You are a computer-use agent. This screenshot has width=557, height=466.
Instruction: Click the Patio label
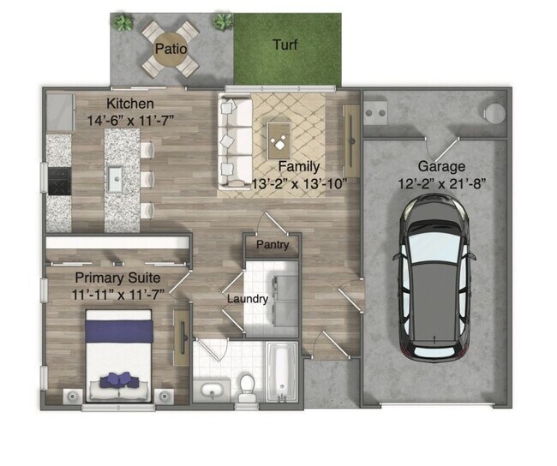point(170,49)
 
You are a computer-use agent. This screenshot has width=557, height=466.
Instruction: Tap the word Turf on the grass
point(285,45)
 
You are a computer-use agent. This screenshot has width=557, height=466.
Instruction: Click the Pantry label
point(273,245)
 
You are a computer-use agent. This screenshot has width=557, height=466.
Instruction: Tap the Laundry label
point(248,299)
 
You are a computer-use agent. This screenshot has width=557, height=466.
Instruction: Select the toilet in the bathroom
point(248,388)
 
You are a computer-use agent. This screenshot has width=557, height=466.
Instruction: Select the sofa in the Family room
point(232,141)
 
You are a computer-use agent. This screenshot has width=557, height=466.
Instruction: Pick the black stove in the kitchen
point(59,181)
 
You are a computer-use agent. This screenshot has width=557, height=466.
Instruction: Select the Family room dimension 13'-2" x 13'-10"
point(298,182)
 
